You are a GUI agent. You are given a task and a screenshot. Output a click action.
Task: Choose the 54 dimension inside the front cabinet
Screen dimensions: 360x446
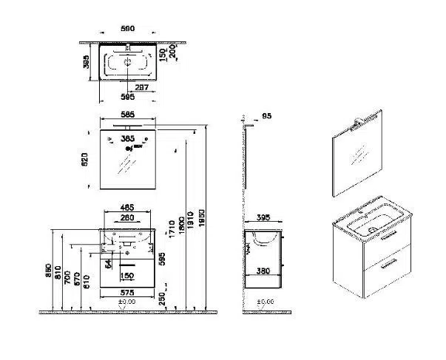coord(108,262)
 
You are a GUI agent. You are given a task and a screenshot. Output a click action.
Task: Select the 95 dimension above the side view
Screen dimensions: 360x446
coord(267,115)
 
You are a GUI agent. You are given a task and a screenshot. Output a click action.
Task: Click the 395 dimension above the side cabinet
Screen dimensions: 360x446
coord(263,218)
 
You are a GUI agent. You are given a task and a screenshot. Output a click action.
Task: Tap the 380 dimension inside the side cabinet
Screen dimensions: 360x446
coord(262,271)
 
